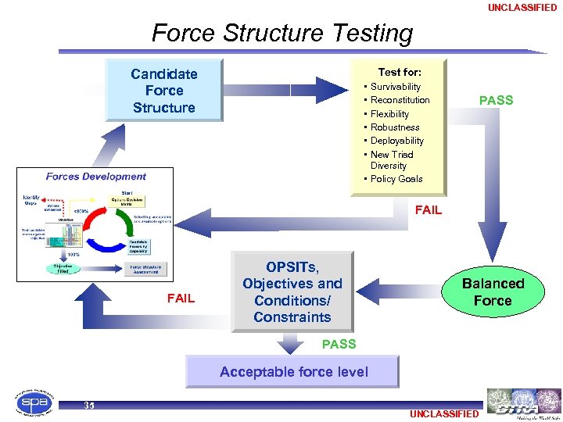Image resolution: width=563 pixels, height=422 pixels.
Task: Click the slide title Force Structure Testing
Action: click(281, 34)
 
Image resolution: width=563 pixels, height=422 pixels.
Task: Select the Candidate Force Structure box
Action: click(163, 91)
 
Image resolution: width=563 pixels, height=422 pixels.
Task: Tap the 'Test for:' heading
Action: click(399, 72)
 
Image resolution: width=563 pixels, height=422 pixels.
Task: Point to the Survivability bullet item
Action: click(395, 87)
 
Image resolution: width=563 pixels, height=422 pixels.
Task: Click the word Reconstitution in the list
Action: click(400, 100)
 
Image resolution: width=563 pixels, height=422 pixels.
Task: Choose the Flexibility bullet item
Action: click(389, 114)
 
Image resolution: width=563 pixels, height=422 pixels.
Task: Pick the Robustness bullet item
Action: click(395, 127)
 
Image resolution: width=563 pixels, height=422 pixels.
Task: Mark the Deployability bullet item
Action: click(396, 141)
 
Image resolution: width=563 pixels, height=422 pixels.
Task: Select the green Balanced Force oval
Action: click(493, 291)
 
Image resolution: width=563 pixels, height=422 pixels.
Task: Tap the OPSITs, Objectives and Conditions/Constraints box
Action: click(292, 291)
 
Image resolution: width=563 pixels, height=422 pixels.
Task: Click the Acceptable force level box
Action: click(293, 372)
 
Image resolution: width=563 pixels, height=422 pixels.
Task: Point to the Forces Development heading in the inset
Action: click(95, 177)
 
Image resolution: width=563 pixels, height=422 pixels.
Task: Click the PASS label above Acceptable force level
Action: click(339, 344)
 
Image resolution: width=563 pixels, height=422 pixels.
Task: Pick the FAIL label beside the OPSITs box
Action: click(181, 298)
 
